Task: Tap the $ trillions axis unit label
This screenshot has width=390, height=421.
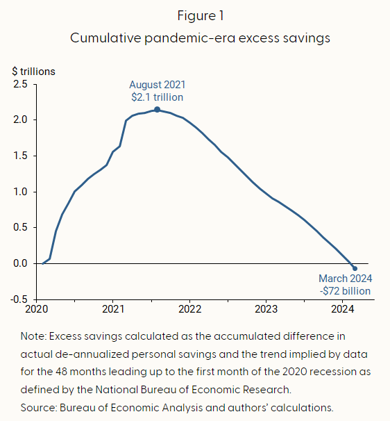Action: click(33, 71)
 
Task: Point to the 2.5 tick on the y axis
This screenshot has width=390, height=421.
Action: click(21, 84)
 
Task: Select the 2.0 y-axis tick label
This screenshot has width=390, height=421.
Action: click(21, 119)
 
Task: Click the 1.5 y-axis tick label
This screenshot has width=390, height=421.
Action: click(21, 156)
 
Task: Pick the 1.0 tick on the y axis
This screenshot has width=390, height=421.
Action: click(21, 192)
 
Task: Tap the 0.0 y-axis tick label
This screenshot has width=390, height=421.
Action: click(21, 263)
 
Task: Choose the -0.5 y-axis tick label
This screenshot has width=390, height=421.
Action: click(19, 299)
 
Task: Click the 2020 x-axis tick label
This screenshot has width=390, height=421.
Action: click(36, 308)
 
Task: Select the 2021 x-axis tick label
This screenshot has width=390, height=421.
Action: click(113, 308)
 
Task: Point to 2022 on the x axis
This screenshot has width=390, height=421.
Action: click(189, 308)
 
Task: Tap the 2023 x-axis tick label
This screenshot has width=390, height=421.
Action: click(266, 308)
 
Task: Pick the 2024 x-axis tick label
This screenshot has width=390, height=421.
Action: click(343, 308)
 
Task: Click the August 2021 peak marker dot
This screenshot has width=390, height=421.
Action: click(157, 109)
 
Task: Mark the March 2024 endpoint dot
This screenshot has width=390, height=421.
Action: click(355, 268)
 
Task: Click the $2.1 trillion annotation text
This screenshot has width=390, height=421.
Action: click(157, 97)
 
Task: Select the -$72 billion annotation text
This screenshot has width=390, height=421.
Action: click(345, 291)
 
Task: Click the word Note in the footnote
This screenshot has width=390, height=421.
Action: click(32, 336)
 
